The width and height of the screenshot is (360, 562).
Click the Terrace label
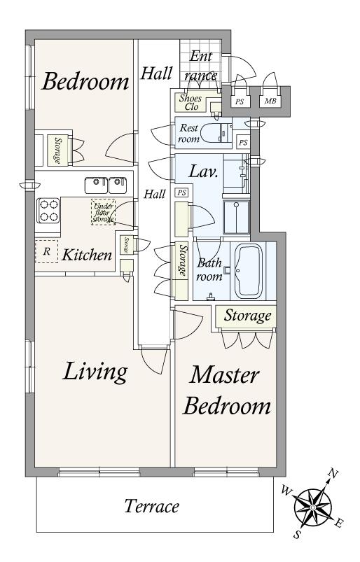[x=151, y=507]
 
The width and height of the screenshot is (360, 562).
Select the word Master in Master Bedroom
[x=224, y=375]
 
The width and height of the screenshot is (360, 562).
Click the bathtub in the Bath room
[x=249, y=271]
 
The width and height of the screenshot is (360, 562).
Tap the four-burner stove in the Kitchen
[x=48, y=211]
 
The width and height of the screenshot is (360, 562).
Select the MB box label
[x=270, y=101]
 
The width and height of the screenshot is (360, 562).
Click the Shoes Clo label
[x=191, y=102]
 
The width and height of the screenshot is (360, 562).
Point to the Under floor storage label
[x=103, y=212]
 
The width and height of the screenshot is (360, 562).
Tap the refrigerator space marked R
[x=46, y=251]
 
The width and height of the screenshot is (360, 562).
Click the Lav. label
[x=203, y=171]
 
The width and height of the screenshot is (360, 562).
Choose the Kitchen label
[x=87, y=255]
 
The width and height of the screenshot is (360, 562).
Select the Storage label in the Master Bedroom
[x=247, y=316]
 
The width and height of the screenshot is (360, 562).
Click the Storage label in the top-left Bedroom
[x=57, y=150]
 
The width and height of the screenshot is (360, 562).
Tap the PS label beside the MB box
[x=240, y=101]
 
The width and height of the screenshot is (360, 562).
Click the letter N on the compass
[x=333, y=474]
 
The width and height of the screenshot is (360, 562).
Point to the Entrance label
[x=201, y=66]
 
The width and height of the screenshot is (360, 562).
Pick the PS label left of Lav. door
[x=182, y=193]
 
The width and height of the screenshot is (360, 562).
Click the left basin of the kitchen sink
[x=96, y=185]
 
